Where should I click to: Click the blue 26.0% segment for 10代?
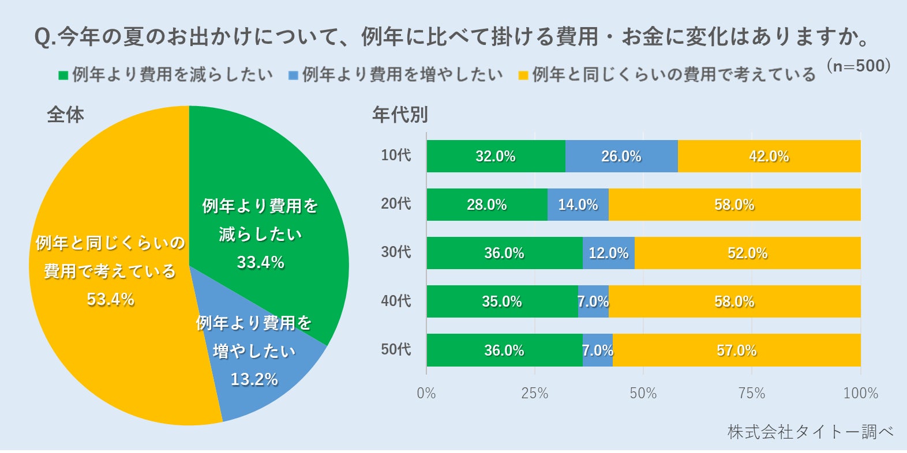(621, 156)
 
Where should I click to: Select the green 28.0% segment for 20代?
(487, 205)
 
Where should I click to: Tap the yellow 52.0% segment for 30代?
(747, 253)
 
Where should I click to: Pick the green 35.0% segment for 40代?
(502, 301)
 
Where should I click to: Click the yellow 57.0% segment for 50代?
(736, 350)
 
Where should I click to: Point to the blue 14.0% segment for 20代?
(578, 205)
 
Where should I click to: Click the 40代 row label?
(396, 301)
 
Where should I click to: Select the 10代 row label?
(396, 155)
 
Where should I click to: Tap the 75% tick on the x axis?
(752, 394)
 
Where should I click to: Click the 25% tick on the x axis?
(535, 394)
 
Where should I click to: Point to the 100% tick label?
(860, 394)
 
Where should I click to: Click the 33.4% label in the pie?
(260, 263)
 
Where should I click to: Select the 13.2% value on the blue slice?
(254, 379)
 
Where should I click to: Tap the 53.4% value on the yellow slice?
(110, 300)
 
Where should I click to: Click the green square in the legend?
(63, 75)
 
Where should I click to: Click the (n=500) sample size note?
(859, 66)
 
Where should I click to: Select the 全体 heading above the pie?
(65, 115)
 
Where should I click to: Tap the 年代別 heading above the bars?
(400, 115)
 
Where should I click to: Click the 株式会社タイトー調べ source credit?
(810, 432)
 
